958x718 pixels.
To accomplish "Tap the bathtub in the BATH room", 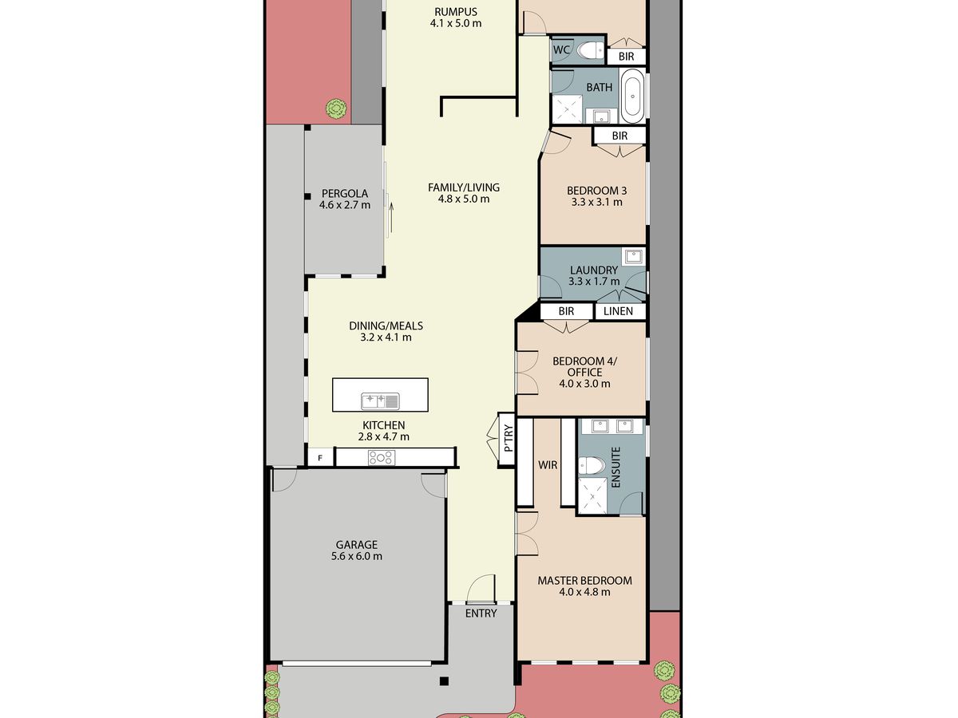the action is (x=632, y=96).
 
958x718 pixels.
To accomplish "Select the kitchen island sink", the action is (x=380, y=401).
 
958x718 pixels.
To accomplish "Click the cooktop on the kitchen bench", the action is (x=382, y=458).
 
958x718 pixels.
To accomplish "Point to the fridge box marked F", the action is (x=320, y=458).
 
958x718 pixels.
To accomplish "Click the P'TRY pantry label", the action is (x=508, y=439).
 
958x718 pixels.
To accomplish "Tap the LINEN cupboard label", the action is (x=619, y=311).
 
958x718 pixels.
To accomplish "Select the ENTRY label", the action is (x=481, y=613).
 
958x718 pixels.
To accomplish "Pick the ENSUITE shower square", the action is (x=592, y=495).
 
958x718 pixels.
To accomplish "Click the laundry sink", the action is (x=633, y=257).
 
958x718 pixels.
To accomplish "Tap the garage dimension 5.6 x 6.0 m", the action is (x=357, y=556).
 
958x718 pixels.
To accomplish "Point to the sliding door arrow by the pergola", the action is (x=391, y=217).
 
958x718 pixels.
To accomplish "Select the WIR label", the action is (x=548, y=465).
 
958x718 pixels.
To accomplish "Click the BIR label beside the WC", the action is (x=627, y=56).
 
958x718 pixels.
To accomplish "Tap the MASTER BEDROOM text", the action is (x=585, y=581).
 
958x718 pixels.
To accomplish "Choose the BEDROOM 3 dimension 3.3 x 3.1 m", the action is (x=596, y=202).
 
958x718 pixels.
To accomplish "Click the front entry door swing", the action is (x=481, y=588).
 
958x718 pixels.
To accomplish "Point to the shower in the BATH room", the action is (x=568, y=109).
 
